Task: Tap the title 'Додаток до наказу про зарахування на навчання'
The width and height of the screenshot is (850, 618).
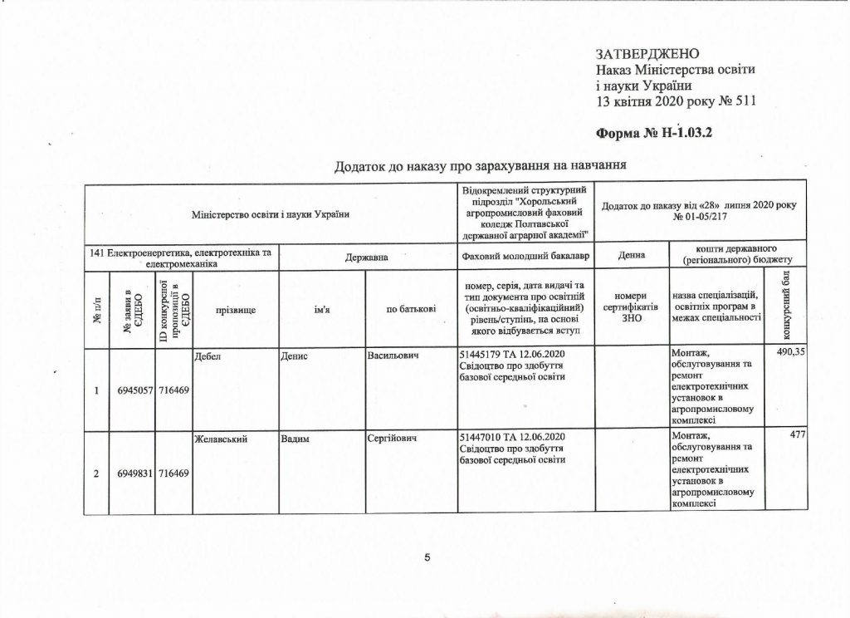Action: point(479,165)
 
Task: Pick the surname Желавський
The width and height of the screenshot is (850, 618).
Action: point(221,437)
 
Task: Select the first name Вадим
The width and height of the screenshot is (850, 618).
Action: point(295,437)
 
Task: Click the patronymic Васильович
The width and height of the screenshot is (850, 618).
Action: point(391,356)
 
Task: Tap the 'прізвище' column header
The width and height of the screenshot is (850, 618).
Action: point(235,309)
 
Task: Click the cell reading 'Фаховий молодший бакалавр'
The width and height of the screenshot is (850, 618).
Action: point(525,257)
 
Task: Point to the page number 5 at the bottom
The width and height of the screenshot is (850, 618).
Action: point(427,557)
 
